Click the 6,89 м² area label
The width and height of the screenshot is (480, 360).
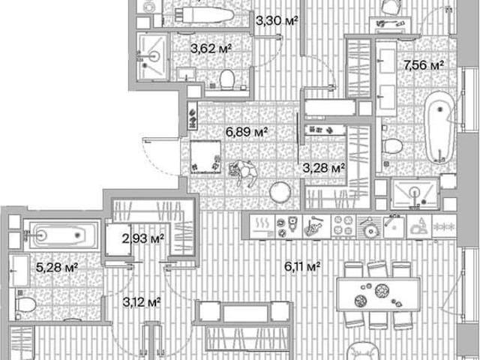point(247,132)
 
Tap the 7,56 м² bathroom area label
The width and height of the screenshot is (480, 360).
point(424,65)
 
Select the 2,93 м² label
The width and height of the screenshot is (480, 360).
point(143,238)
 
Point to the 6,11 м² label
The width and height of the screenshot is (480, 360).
point(302,267)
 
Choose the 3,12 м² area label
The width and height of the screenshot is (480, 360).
point(142,302)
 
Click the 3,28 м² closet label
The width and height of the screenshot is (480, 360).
point(324,168)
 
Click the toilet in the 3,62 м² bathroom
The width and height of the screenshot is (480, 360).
point(226,79)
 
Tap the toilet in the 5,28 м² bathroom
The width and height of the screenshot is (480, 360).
point(25,304)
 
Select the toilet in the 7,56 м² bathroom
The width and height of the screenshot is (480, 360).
point(392,146)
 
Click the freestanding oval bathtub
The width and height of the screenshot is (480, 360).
point(440,127)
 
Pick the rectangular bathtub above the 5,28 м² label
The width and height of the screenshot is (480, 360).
point(62,235)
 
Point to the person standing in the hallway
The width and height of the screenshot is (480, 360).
point(244,172)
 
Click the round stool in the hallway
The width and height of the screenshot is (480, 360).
point(280,192)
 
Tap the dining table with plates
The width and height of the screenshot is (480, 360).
point(378,295)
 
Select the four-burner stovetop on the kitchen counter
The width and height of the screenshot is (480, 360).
point(343,226)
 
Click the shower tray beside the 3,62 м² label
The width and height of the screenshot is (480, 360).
point(152,57)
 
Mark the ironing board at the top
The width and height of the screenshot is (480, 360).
point(204,15)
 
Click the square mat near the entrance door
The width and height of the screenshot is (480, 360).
point(205,157)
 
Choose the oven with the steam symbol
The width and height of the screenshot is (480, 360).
point(262,226)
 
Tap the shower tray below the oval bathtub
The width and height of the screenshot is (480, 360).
point(415,193)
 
